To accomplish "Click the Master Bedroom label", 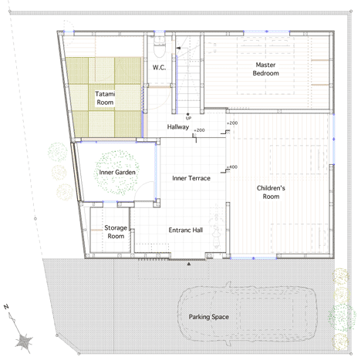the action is [265, 69].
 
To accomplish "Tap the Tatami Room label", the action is [105, 98].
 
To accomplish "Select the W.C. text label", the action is [159, 68].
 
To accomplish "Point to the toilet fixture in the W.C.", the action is [160, 46].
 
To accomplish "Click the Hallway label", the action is [178, 126].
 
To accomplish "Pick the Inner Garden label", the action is [117, 172].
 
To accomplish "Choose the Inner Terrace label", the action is [191, 178].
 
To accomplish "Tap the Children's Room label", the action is [271, 192].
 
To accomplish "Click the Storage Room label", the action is [116, 232].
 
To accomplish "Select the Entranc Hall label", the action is [186, 230].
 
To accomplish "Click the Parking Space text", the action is [209, 317].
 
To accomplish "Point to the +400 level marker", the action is [232, 167].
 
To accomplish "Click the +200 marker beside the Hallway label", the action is [199, 130].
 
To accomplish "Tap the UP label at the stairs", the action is [188, 118].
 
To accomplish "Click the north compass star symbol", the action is [24, 341].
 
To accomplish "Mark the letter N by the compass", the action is [6, 307].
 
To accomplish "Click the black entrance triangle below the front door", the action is [189, 264].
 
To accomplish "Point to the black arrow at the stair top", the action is [178, 48].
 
